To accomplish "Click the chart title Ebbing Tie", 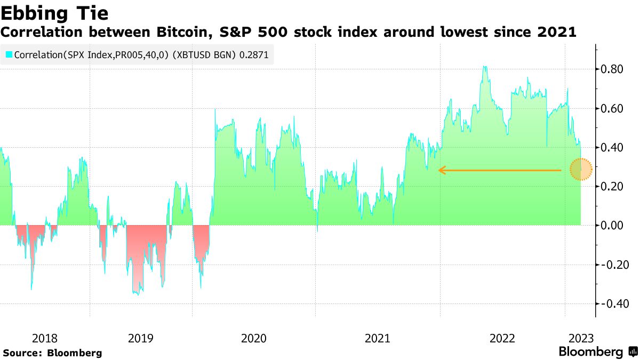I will (55, 13).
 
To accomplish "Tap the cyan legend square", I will (9, 54).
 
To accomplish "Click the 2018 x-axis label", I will (45, 338).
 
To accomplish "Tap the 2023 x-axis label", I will (581, 338).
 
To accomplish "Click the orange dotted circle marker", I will (581, 170).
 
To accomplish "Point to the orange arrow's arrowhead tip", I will (439, 170).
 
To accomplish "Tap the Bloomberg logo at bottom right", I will (597, 352).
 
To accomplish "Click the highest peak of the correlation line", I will (484, 67).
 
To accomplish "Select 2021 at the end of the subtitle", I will (557, 32).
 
